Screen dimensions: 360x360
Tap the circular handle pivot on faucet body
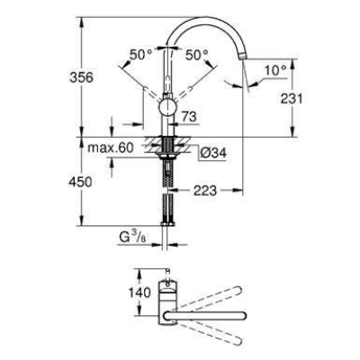(167, 107)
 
